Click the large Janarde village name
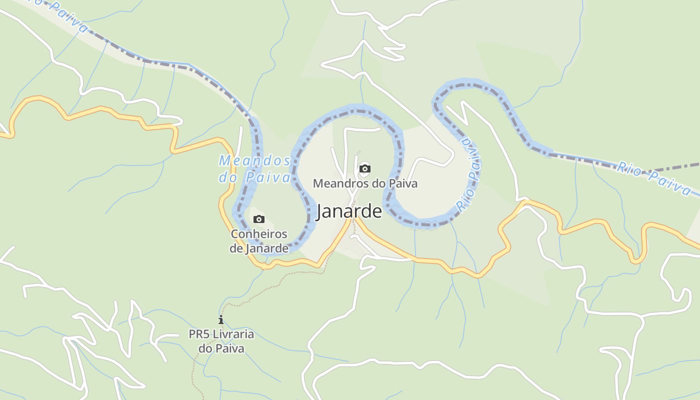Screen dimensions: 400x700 (349, 211)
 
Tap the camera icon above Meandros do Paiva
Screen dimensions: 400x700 (365, 168)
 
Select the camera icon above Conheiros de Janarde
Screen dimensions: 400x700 (258, 219)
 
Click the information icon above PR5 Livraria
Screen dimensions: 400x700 (221, 319)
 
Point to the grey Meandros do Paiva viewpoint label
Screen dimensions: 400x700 (365, 183)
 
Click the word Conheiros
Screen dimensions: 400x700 (259, 234)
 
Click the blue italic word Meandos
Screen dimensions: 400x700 (254, 161)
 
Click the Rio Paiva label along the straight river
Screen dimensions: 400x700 (654, 177)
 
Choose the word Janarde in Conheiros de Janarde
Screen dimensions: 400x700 (267, 248)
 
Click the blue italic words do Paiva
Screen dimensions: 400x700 (254, 177)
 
